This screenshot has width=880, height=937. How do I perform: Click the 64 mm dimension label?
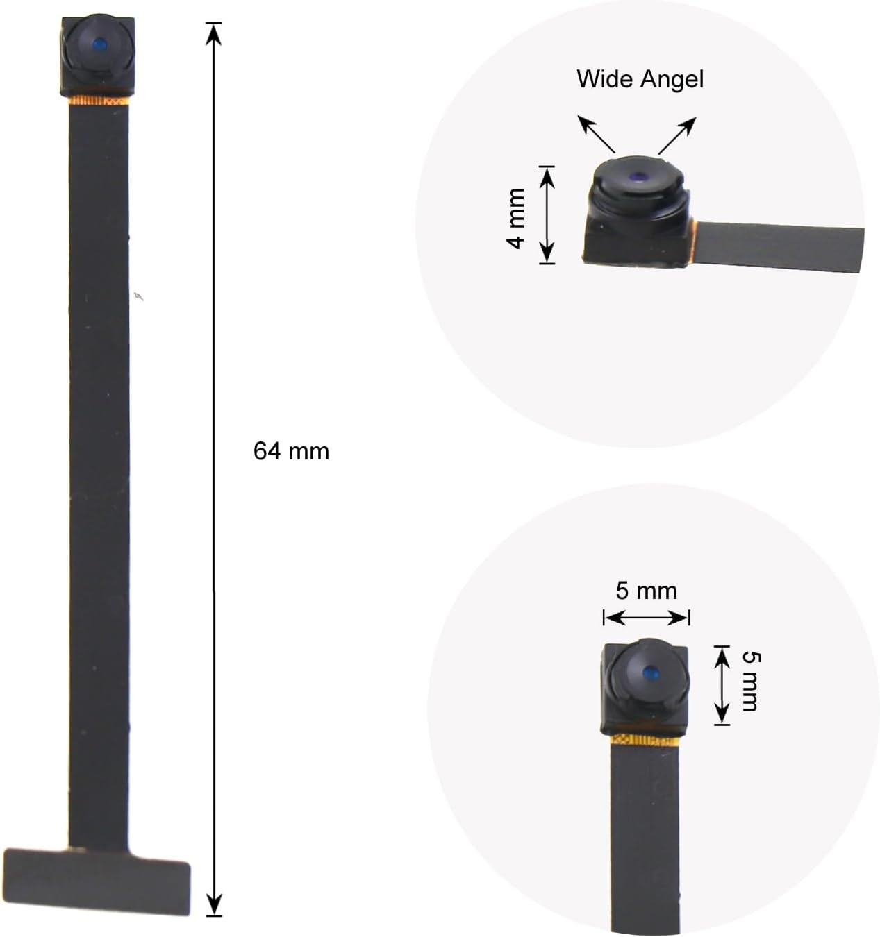point(291,452)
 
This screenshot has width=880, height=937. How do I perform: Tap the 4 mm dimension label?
point(516,219)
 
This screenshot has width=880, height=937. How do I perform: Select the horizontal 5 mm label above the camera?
point(646,591)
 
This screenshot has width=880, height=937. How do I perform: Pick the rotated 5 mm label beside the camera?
point(751,681)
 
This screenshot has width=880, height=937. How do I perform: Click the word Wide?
point(604,78)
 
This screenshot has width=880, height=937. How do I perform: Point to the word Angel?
point(672,80)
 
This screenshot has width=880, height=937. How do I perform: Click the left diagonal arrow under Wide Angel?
point(597,135)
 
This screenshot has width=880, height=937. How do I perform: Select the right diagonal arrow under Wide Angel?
point(677,135)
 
